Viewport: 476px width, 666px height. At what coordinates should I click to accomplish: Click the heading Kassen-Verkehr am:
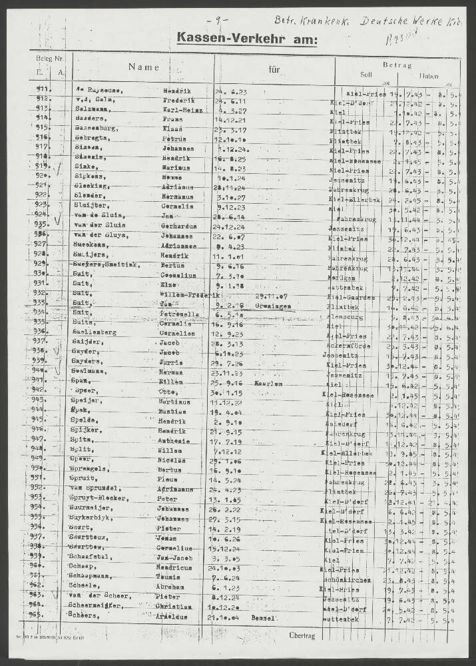pyautogui.click(x=248, y=39)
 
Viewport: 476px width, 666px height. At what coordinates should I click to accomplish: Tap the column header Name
pyautogui.click(x=144, y=67)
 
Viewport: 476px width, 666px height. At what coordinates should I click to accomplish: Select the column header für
pyautogui.click(x=274, y=69)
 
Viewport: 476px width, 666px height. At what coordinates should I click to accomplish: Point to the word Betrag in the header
pyautogui.click(x=398, y=65)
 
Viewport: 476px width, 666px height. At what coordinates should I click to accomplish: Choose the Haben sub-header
pyautogui.click(x=429, y=76)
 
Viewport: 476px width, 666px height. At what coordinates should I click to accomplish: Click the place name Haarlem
pyautogui.click(x=265, y=385)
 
